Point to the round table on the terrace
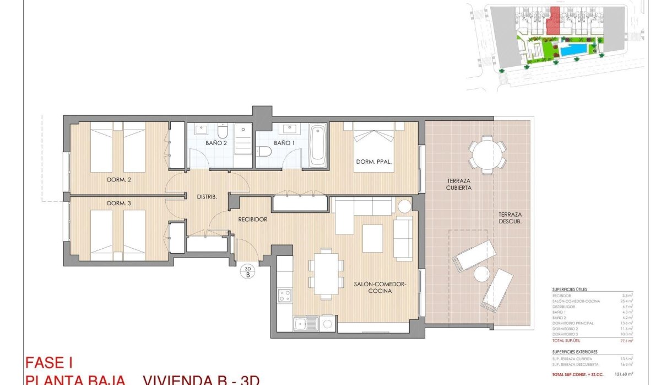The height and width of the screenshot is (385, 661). (x=487, y=154)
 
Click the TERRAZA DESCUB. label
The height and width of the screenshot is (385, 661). (x=510, y=218)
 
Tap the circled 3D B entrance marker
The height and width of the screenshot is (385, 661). (x=247, y=271)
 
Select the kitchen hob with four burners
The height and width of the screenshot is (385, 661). (x=285, y=295)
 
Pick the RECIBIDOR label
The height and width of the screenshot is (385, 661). (x=253, y=220)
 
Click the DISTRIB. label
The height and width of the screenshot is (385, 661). (x=207, y=197)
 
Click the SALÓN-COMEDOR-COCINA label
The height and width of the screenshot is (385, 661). (x=380, y=287)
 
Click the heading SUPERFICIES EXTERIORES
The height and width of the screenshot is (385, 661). (x=575, y=351)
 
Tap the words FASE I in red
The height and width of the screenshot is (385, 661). (x=50, y=363)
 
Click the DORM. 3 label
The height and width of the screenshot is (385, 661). (x=116, y=204)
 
